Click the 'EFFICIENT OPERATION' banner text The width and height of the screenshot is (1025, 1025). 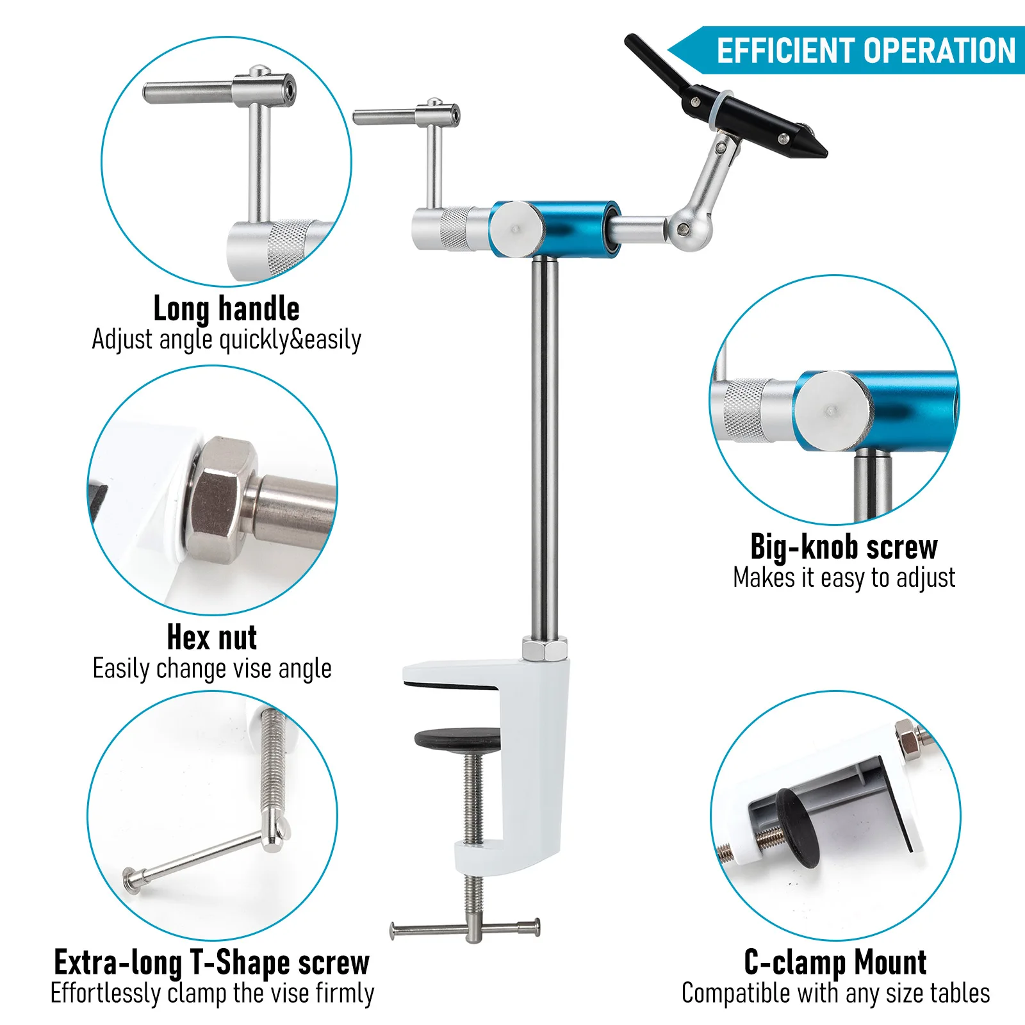(x=866, y=51)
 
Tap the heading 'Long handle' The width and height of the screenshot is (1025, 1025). (x=227, y=309)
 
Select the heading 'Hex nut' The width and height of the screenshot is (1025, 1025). (x=212, y=637)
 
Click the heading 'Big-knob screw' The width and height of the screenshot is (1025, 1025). (x=844, y=547)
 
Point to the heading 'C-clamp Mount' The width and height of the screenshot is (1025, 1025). (x=835, y=962)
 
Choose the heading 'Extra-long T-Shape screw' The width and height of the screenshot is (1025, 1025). (x=212, y=962)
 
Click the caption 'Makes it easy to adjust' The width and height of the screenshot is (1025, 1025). (x=844, y=578)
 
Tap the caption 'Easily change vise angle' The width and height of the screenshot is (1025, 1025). (x=212, y=669)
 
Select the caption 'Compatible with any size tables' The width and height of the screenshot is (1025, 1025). (x=835, y=994)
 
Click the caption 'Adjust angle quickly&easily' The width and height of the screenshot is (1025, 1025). (x=227, y=340)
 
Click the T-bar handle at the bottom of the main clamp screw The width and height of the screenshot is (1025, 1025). (x=466, y=927)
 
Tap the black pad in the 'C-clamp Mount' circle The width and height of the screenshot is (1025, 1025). (x=798, y=827)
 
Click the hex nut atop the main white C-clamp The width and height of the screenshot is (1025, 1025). (x=545, y=649)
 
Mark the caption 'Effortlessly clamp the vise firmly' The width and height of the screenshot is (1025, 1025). (x=212, y=994)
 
